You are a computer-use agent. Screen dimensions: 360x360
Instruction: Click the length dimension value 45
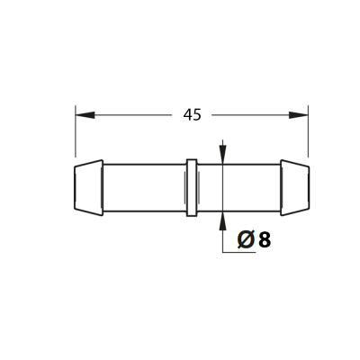[x=193, y=115]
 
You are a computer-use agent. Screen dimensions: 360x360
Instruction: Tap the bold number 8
[x=265, y=240]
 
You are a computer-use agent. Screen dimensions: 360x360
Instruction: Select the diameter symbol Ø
[x=247, y=240]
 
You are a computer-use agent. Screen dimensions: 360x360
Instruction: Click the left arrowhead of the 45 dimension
[x=85, y=115]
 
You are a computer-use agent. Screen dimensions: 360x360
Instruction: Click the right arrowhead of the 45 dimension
[x=299, y=115]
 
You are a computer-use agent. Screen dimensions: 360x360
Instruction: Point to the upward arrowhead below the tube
[x=222, y=221]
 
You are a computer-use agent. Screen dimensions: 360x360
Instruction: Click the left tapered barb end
[x=88, y=187]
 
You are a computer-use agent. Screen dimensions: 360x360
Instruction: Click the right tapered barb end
[x=295, y=187]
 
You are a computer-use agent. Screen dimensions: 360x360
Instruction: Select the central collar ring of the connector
[x=192, y=187]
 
